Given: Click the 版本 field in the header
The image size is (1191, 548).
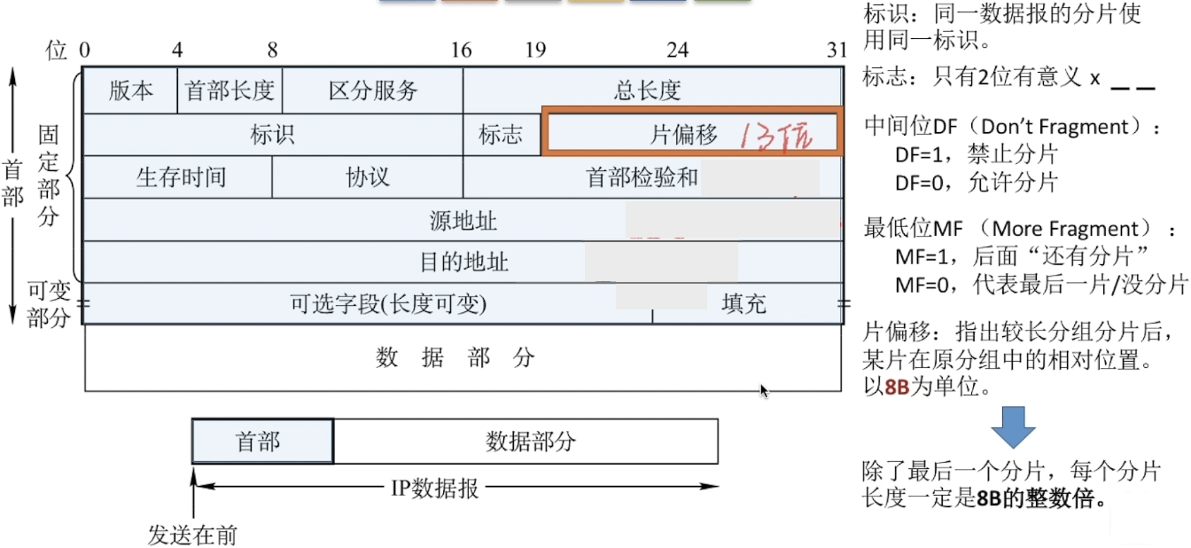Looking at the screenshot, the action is tap(130, 90).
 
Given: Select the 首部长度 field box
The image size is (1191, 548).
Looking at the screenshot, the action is tap(230, 90).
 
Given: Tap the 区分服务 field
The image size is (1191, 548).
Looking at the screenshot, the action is tap(372, 90).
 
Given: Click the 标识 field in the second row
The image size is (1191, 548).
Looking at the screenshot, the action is tap(272, 135).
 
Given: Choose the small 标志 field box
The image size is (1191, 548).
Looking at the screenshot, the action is tap(501, 135).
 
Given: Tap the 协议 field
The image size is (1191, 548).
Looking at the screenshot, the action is tap(367, 177).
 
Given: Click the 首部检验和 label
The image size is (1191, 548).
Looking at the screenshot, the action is tap(642, 177).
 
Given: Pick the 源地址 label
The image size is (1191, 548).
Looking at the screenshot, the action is tap(463, 221).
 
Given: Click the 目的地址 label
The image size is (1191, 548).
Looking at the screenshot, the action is tap(463, 262).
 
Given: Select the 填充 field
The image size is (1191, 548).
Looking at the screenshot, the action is tap(743, 304).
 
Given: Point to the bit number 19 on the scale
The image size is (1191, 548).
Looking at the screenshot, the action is tap(534, 50).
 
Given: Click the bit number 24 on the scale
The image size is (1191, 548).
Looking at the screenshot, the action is tap(677, 50).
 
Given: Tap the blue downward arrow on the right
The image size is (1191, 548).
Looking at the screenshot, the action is tap(1012, 427).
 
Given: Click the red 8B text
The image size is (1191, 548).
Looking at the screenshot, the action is tap(897, 388).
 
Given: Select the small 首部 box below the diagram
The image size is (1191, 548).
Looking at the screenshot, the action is tap(262, 442).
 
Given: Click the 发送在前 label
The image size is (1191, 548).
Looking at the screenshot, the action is tap(192, 535).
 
